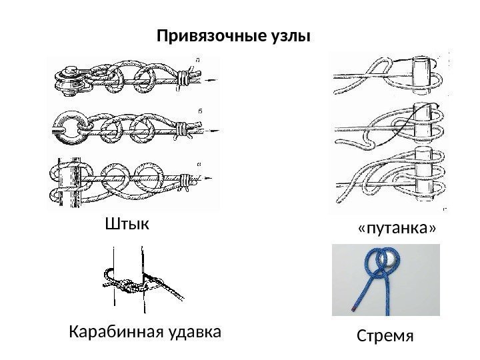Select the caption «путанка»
(397, 229)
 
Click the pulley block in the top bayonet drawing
(67, 78)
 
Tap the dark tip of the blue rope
(353, 309)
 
